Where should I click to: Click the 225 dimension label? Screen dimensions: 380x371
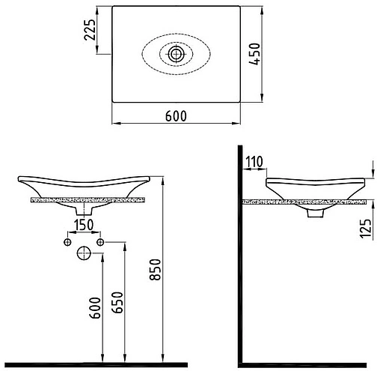tap(90, 29)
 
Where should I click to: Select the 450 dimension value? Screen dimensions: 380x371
tap(255, 54)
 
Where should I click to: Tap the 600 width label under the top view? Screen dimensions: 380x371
tap(176, 116)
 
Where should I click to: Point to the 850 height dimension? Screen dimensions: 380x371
tap(156, 270)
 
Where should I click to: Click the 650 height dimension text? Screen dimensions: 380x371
tap(117, 302)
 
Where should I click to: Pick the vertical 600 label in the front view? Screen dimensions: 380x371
tap(95, 308)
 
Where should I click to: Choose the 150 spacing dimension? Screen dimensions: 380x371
tap(84, 225)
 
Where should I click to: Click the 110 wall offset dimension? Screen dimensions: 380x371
tap(254, 162)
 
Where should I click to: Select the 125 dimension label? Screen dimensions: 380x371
tap(367, 229)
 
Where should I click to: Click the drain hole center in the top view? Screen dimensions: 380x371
tap(176, 54)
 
